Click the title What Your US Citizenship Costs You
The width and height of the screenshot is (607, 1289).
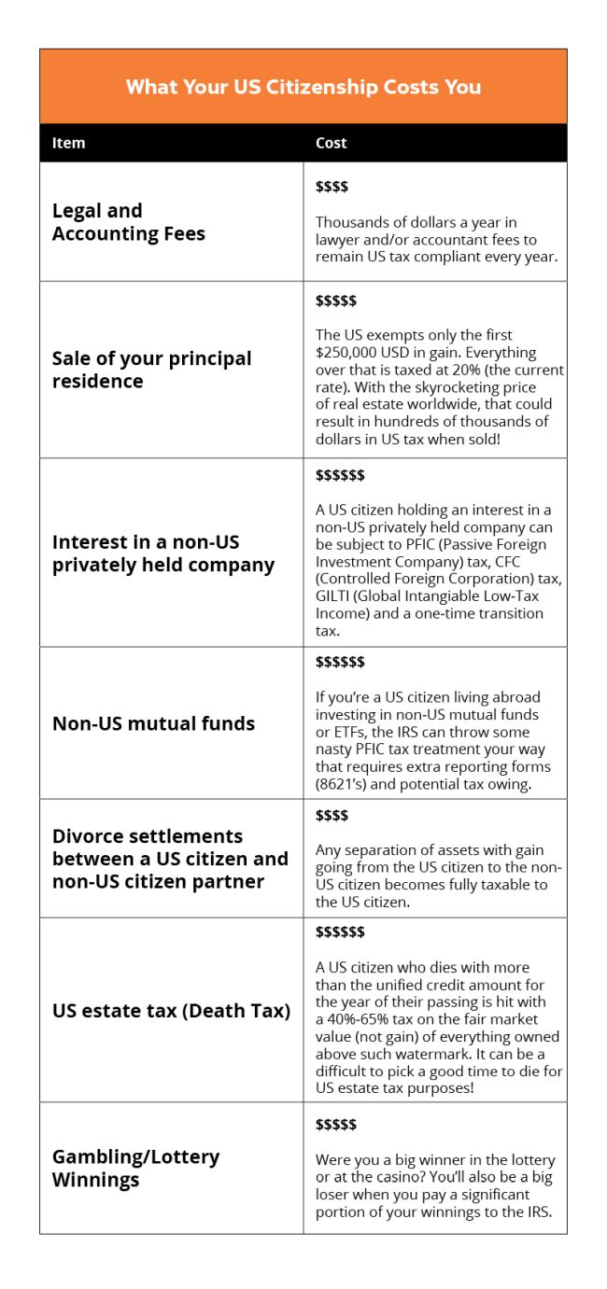coord(303,87)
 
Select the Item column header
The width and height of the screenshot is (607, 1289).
coord(68,143)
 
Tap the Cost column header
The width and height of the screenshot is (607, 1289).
coord(331,143)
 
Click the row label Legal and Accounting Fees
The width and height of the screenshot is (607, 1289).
coord(128,222)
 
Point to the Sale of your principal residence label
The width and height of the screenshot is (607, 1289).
coord(151,370)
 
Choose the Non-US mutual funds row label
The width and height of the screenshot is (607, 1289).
coord(153,723)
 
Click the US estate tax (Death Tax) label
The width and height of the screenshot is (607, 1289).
coord(171,1011)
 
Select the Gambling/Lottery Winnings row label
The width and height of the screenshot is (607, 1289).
coord(135,1168)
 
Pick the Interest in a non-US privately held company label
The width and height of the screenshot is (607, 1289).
coord(163,553)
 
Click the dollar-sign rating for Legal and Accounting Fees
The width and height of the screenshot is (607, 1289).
coord(332,187)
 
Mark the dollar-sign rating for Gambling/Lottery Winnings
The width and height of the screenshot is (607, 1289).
coord(336,1125)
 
